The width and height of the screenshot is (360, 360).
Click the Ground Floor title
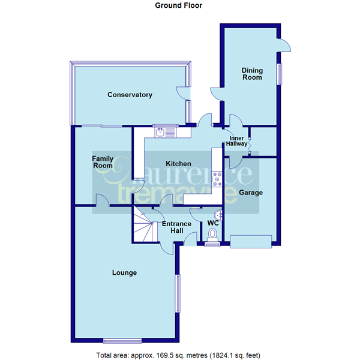pyautogui.click(x=178, y=5)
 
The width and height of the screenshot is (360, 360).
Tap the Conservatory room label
pyautogui.click(x=130, y=95)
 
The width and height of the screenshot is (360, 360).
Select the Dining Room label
pyautogui.click(x=252, y=74)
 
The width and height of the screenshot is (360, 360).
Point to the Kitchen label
pyautogui.click(x=178, y=164)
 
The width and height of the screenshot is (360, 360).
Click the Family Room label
pyautogui.click(x=103, y=162)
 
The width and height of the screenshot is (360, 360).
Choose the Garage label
pyautogui.click(x=251, y=193)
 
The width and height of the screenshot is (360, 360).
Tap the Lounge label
pyautogui.click(x=124, y=272)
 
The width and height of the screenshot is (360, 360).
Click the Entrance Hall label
pyautogui.click(x=176, y=227)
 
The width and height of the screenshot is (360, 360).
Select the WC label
pyautogui.click(x=213, y=223)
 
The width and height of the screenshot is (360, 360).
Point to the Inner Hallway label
pyautogui.click(x=236, y=141)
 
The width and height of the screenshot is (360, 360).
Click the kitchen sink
pyautogui.click(x=165, y=133)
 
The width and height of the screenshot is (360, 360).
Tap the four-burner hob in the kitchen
pyautogui.click(x=217, y=179)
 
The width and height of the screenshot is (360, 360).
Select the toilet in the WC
pyautogui.click(x=212, y=236)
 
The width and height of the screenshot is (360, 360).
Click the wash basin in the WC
pyautogui.click(x=218, y=215)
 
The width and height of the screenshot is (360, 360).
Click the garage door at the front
pyautogui.click(x=251, y=241)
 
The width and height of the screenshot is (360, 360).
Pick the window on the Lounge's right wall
pyautogui.click(x=178, y=293)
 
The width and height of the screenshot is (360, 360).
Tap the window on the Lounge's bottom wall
pyautogui.click(x=122, y=341)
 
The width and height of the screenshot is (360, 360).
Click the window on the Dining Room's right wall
pyautogui.click(x=279, y=74)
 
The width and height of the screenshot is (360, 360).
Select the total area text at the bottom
pyautogui.click(x=178, y=355)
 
